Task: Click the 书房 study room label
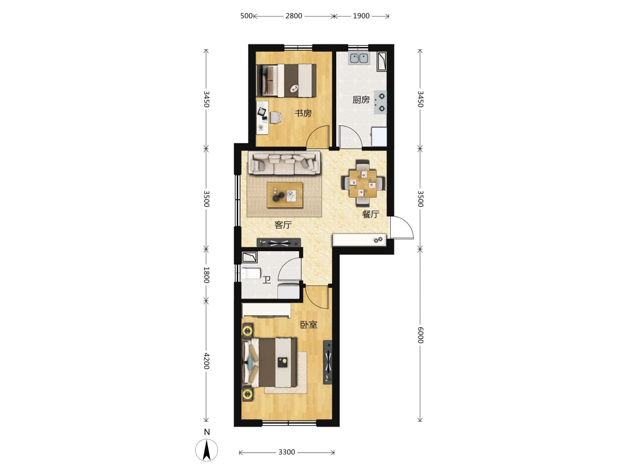click(x=303, y=113)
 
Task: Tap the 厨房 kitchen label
click(x=361, y=100)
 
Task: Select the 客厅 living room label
click(x=283, y=225)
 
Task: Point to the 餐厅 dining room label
click(x=371, y=214)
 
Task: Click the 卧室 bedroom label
click(x=309, y=324)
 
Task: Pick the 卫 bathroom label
click(x=266, y=280)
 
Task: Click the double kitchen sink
click(x=359, y=58)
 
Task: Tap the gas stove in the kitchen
click(x=380, y=102)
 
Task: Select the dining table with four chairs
click(x=363, y=183)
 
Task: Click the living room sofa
click(x=284, y=163)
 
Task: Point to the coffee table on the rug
click(x=285, y=195)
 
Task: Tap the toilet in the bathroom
click(x=251, y=273)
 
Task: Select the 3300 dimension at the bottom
click(x=287, y=452)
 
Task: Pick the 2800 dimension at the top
click(x=294, y=16)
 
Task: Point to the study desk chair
click(x=276, y=117)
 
